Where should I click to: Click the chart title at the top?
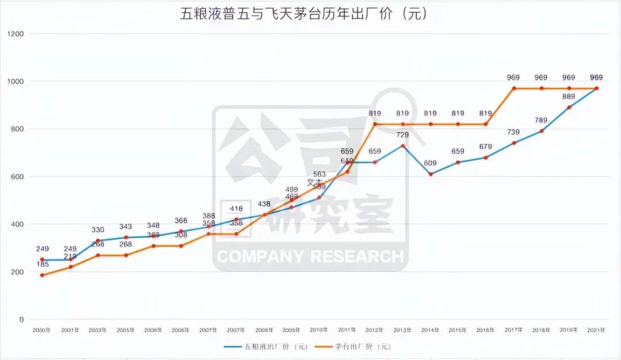click(304, 14)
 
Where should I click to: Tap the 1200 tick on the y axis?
click(16, 34)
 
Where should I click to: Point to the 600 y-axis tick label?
click(18, 177)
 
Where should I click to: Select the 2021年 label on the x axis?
click(596, 330)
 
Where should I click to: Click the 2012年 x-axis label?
click(374, 330)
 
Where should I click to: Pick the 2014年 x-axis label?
click(430, 330)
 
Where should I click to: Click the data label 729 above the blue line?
click(402, 135)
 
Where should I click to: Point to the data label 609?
click(430, 163)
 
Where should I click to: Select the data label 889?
click(569, 97)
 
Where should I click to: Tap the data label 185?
click(42, 265)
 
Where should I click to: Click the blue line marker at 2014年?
click(430, 174)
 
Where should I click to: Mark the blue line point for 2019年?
click(569, 108)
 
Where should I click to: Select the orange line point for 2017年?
click(513, 89)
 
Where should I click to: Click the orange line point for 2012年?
click(375, 124)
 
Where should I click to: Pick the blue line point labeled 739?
click(513, 143)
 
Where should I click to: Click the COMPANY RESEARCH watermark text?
click(309, 256)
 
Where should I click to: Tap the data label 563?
click(320, 174)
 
